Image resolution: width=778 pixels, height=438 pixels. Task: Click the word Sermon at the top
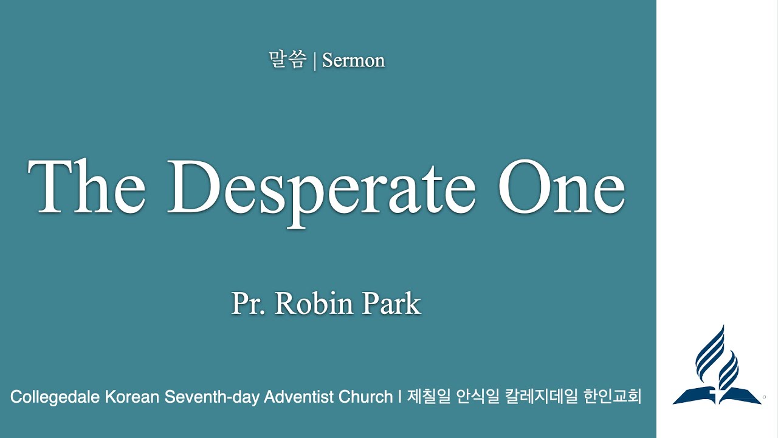tap(353, 61)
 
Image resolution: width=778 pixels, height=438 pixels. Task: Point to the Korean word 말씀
tap(287, 60)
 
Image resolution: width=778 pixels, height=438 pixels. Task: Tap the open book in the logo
tap(717, 394)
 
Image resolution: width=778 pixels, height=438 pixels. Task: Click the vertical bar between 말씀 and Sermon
tap(314, 61)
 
